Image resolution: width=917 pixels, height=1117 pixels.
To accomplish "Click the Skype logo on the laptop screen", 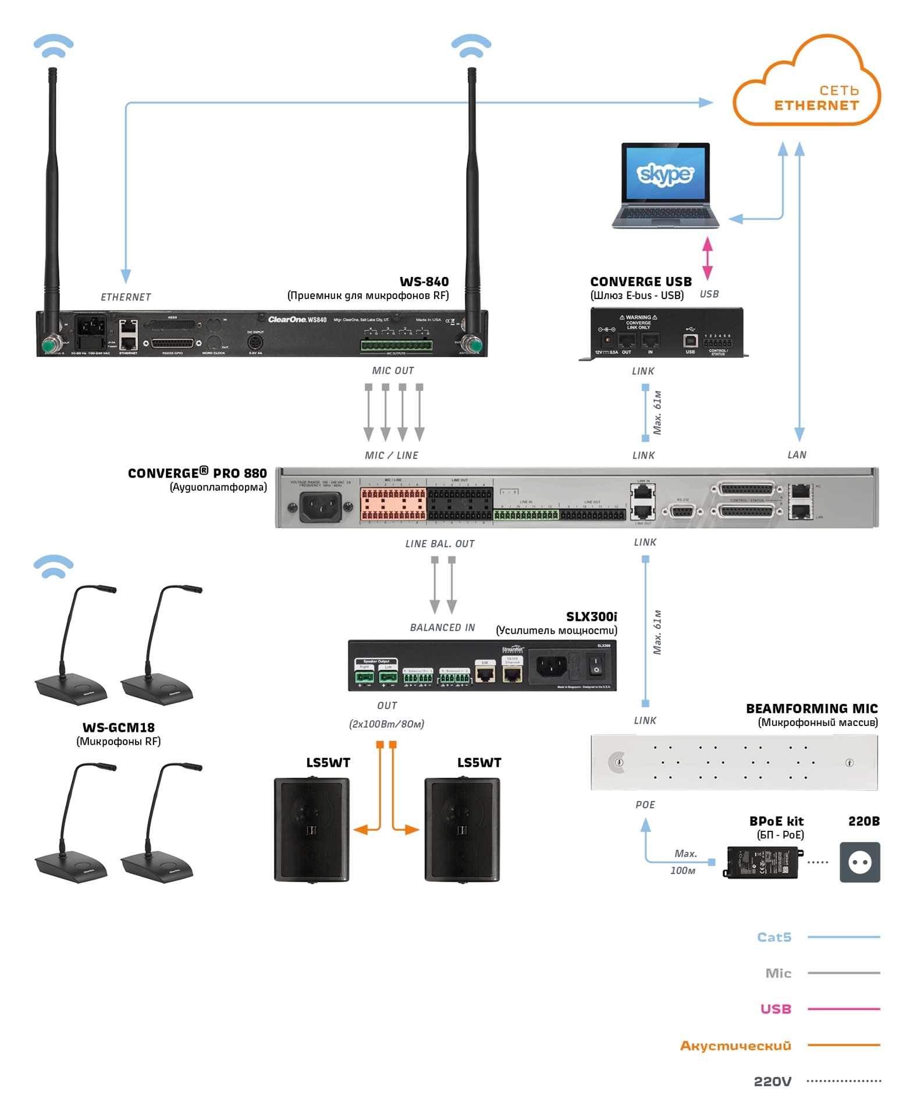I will point(665,173).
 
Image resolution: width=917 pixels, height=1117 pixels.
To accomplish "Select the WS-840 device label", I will point(424,282).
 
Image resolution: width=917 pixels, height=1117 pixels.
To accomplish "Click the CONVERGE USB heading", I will point(641,282).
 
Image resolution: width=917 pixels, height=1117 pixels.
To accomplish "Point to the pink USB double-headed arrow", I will point(708,258).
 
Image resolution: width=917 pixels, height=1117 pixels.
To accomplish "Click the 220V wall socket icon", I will point(859,862).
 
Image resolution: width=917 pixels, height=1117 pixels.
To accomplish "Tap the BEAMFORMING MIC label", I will point(812,709).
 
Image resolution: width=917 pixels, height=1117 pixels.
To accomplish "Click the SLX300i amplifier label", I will point(591,617).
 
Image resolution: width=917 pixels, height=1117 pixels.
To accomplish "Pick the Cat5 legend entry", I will point(774,937).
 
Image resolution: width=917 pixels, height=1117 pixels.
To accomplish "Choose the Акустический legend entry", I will point(735,1045).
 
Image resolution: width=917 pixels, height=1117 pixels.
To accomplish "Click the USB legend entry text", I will point(776,1009).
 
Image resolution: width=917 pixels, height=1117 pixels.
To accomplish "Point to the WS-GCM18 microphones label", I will point(119,727).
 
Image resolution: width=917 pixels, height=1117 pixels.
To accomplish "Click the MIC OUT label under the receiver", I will point(393,371).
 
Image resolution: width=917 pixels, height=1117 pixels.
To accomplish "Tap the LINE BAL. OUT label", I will point(440,544).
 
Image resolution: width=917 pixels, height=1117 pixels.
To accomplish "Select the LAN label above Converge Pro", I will point(797,455).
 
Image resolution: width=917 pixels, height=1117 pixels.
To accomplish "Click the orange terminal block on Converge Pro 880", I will point(393,504).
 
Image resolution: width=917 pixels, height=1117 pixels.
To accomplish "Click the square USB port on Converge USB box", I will point(690,340).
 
